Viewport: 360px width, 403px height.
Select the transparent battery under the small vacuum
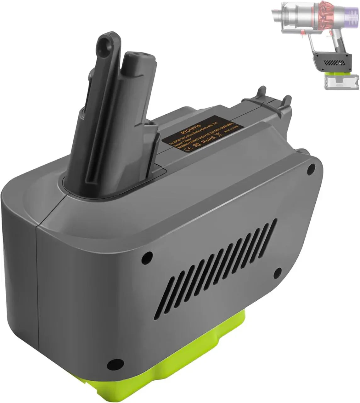[x=334, y=81]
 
